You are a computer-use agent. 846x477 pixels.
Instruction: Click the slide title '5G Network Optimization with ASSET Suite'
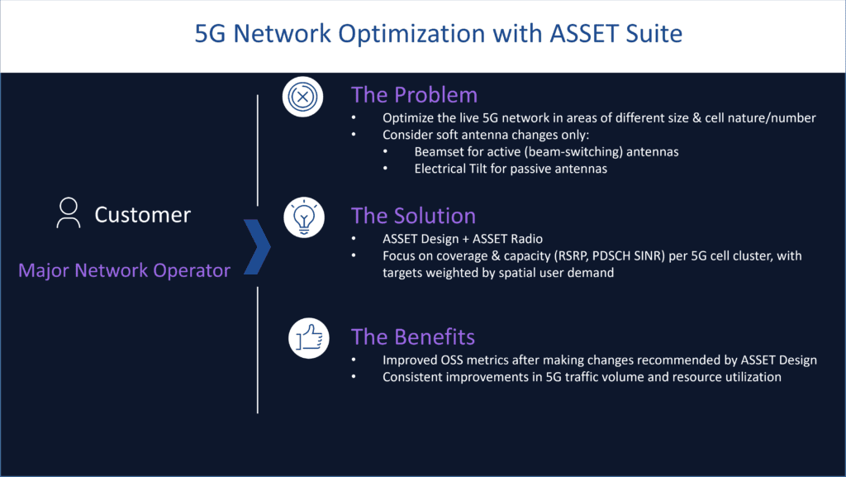coord(439,34)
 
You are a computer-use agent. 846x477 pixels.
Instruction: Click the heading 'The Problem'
coord(414,94)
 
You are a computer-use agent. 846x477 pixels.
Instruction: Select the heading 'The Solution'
coord(413,216)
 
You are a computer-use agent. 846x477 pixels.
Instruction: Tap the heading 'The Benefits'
coord(412,336)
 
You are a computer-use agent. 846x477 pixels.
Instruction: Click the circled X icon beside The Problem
coord(302,98)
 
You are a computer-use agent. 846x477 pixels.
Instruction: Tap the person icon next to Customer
coord(68,213)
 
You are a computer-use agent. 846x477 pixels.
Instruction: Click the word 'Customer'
coord(142,215)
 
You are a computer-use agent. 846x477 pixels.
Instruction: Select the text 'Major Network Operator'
coord(124,270)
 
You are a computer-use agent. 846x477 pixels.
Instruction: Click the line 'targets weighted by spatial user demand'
coord(498,273)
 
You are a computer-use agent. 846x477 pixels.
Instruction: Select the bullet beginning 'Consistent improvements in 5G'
coord(582,377)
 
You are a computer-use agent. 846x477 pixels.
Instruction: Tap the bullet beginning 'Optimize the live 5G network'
coord(599,117)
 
